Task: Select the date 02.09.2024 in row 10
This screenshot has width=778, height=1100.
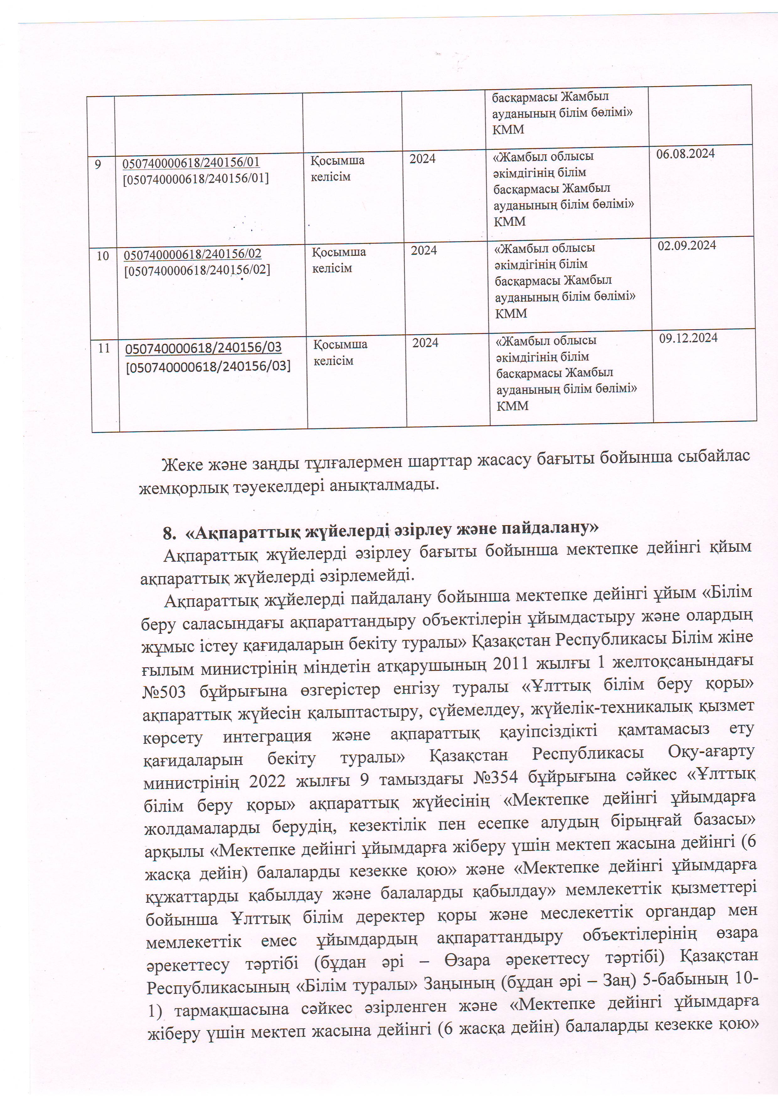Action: [686, 246]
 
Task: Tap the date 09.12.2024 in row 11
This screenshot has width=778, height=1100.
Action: [688, 338]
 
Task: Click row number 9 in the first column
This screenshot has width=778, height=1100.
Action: [98, 164]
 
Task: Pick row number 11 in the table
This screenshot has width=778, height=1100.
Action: [104, 348]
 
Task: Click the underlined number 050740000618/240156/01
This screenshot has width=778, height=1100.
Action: [191, 162]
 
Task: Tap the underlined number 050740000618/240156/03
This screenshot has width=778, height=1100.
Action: [203, 348]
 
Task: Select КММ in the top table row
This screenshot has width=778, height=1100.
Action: [508, 130]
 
